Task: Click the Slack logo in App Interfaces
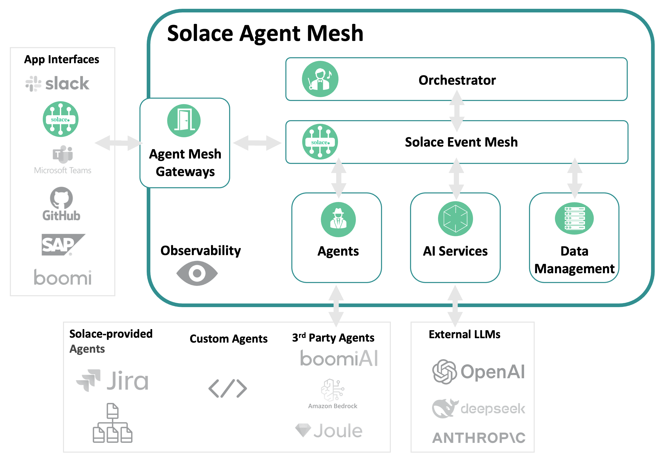(x=57, y=84)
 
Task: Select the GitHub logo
(x=61, y=204)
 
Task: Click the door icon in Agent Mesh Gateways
(x=184, y=120)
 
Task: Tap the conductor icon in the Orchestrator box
(x=320, y=79)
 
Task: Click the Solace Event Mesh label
(x=461, y=142)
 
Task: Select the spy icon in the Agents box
(x=338, y=220)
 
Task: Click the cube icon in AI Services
(x=455, y=219)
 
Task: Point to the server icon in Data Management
(x=574, y=218)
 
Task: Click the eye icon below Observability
(x=197, y=273)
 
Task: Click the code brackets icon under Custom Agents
(x=228, y=388)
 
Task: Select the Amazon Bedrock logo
(x=333, y=394)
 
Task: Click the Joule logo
(x=329, y=430)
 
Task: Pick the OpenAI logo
(x=478, y=372)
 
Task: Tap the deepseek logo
(x=478, y=408)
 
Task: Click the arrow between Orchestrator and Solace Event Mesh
(x=457, y=111)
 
